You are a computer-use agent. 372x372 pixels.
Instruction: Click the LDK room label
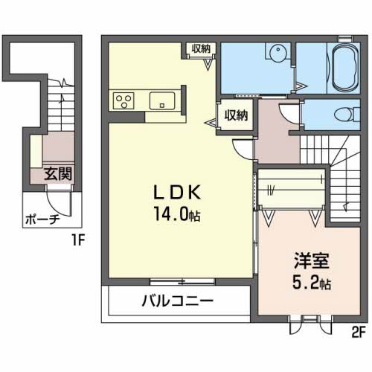pyautogui.click(x=177, y=192)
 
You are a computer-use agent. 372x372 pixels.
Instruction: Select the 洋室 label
pyautogui.click(x=312, y=260)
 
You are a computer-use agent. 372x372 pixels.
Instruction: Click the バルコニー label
pyautogui.click(x=178, y=301)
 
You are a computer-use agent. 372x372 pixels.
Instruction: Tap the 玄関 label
pyautogui.click(x=58, y=173)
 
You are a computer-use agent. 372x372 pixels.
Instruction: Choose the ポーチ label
pyautogui.click(x=42, y=219)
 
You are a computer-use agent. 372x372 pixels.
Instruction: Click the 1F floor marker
pyautogui.click(x=78, y=240)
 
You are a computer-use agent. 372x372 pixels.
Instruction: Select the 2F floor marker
pyautogui.click(x=359, y=332)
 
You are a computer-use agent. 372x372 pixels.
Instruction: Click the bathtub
pyautogui.click(x=345, y=68)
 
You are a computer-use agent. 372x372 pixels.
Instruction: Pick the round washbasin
pyautogui.click(x=278, y=51)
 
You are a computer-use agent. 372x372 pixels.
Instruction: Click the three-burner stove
pyautogui.click(x=124, y=100)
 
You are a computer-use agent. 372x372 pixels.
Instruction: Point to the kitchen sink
pyautogui.click(x=162, y=100)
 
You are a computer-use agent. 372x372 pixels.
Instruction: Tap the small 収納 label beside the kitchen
pyautogui.click(x=201, y=48)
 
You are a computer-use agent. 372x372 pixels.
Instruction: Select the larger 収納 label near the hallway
pyautogui.click(x=236, y=115)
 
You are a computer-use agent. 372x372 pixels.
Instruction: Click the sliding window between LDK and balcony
pyautogui.click(x=182, y=281)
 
